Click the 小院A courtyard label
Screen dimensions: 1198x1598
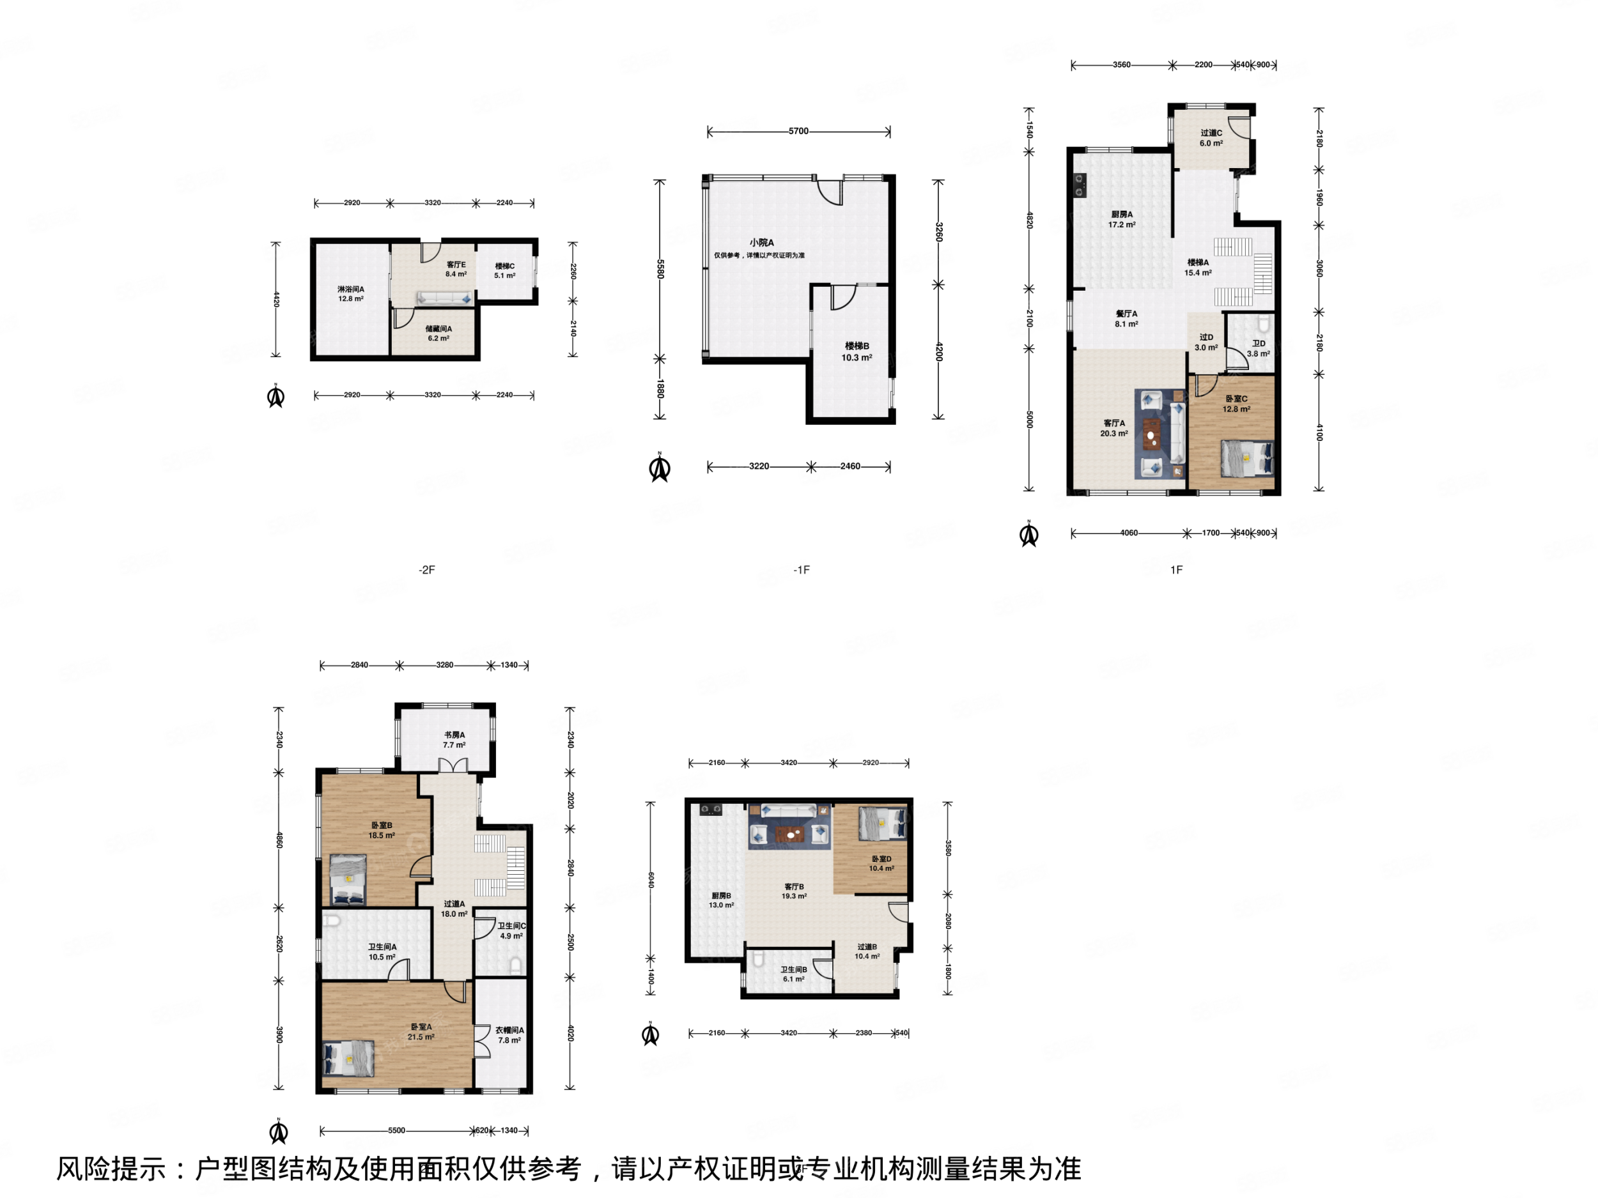pyautogui.click(x=761, y=243)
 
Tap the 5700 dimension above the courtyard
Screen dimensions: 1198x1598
pyautogui.click(x=798, y=132)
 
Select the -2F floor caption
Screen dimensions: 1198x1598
pyautogui.click(x=427, y=570)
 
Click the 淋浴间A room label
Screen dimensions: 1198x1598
pyautogui.click(x=351, y=289)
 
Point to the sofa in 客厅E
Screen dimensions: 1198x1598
pyautogui.click(x=444, y=298)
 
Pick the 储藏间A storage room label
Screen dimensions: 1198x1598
pyautogui.click(x=438, y=329)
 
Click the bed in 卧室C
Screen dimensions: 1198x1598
pyautogui.click(x=1247, y=459)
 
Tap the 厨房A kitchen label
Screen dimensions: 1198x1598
pyautogui.click(x=1122, y=215)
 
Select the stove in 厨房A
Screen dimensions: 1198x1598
pyautogui.click(x=1080, y=185)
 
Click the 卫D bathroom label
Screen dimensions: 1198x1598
pyautogui.click(x=1259, y=344)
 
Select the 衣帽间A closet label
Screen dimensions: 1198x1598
pyautogui.click(x=509, y=1031)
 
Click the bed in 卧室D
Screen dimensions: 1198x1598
pyautogui.click(x=882, y=823)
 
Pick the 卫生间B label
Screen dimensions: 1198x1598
pyautogui.click(x=793, y=970)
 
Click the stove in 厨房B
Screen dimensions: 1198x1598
pyautogui.click(x=710, y=810)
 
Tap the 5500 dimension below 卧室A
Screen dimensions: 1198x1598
pyautogui.click(x=396, y=1131)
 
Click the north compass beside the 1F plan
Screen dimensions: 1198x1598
pyautogui.click(x=1028, y=534)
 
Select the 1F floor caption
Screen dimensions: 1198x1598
pyautogui.click(x=1176, y=570)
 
